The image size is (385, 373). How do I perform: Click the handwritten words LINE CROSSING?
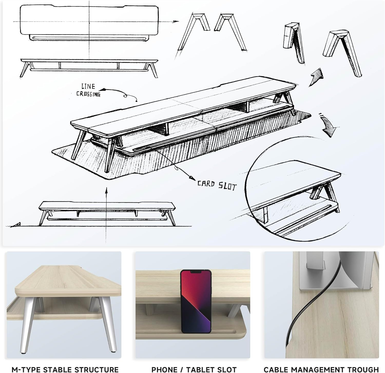tap(88, 90)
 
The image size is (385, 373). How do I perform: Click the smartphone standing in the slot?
tap(196, 301)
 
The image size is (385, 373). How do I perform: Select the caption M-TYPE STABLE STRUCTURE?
tap(65, 369)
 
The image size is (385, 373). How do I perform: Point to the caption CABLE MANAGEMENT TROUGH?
tap(321, 369)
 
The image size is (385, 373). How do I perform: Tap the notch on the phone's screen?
tap(196, 272)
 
